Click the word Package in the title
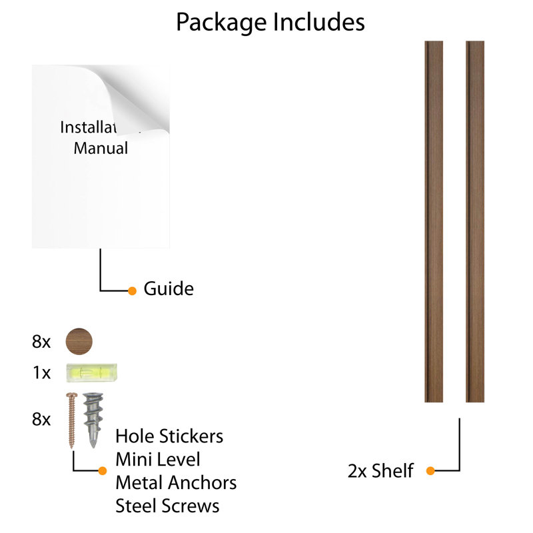coord(221,23)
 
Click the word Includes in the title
coord(319,22)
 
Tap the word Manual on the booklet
coord(101,148)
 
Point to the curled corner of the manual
coord(136,102)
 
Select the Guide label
coord(169,289)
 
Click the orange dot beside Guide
coord(132,291)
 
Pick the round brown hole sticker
coord(79,341)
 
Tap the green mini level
coord(92,372)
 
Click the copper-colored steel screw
coord(72,420)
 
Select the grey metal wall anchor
coord(93,420)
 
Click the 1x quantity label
coord(41,372)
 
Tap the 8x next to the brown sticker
coord(41,342)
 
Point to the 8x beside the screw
coord(41,419)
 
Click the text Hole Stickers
coord(169,436)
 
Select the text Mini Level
coord(158,460)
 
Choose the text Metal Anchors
coord(176,482)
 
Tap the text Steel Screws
coord(168,506)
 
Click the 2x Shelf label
coord(380,471)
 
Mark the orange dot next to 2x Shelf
coord(430,471)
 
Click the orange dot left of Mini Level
coord(103,471)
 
